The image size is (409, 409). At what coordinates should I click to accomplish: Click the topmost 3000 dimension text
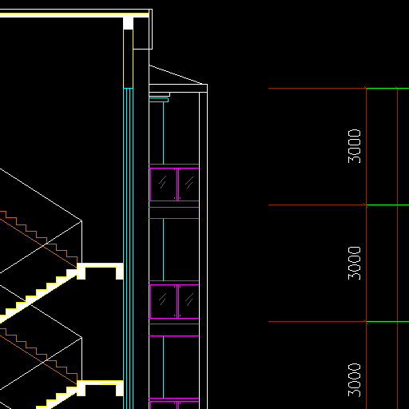click(355, 146)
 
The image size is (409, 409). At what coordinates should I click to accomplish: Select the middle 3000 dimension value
click(355, 263)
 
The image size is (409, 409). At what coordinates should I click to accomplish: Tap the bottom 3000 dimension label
click(355, 380)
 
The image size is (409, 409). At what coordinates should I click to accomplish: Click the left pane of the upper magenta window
click(163, 185)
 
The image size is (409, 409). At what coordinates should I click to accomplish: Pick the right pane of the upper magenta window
click(189, 185)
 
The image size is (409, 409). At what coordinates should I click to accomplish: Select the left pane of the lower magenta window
click(163, 301)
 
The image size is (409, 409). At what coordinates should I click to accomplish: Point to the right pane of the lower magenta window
click(189, 301)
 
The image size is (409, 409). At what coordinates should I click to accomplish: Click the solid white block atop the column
click(128, 23)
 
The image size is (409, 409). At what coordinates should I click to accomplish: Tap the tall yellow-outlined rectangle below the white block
click(128, 58)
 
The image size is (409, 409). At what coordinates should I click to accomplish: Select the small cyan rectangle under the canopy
click(159, 100)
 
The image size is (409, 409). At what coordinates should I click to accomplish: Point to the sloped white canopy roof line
click(178, 74)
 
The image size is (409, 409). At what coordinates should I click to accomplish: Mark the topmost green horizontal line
click(387, 88)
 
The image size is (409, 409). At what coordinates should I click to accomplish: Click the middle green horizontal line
click(387, 204)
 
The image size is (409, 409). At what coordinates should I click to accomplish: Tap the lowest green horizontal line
click(387, 322)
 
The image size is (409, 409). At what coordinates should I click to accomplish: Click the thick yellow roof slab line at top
click(74, 15)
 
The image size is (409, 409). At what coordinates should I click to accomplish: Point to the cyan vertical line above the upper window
click(163, 133)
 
